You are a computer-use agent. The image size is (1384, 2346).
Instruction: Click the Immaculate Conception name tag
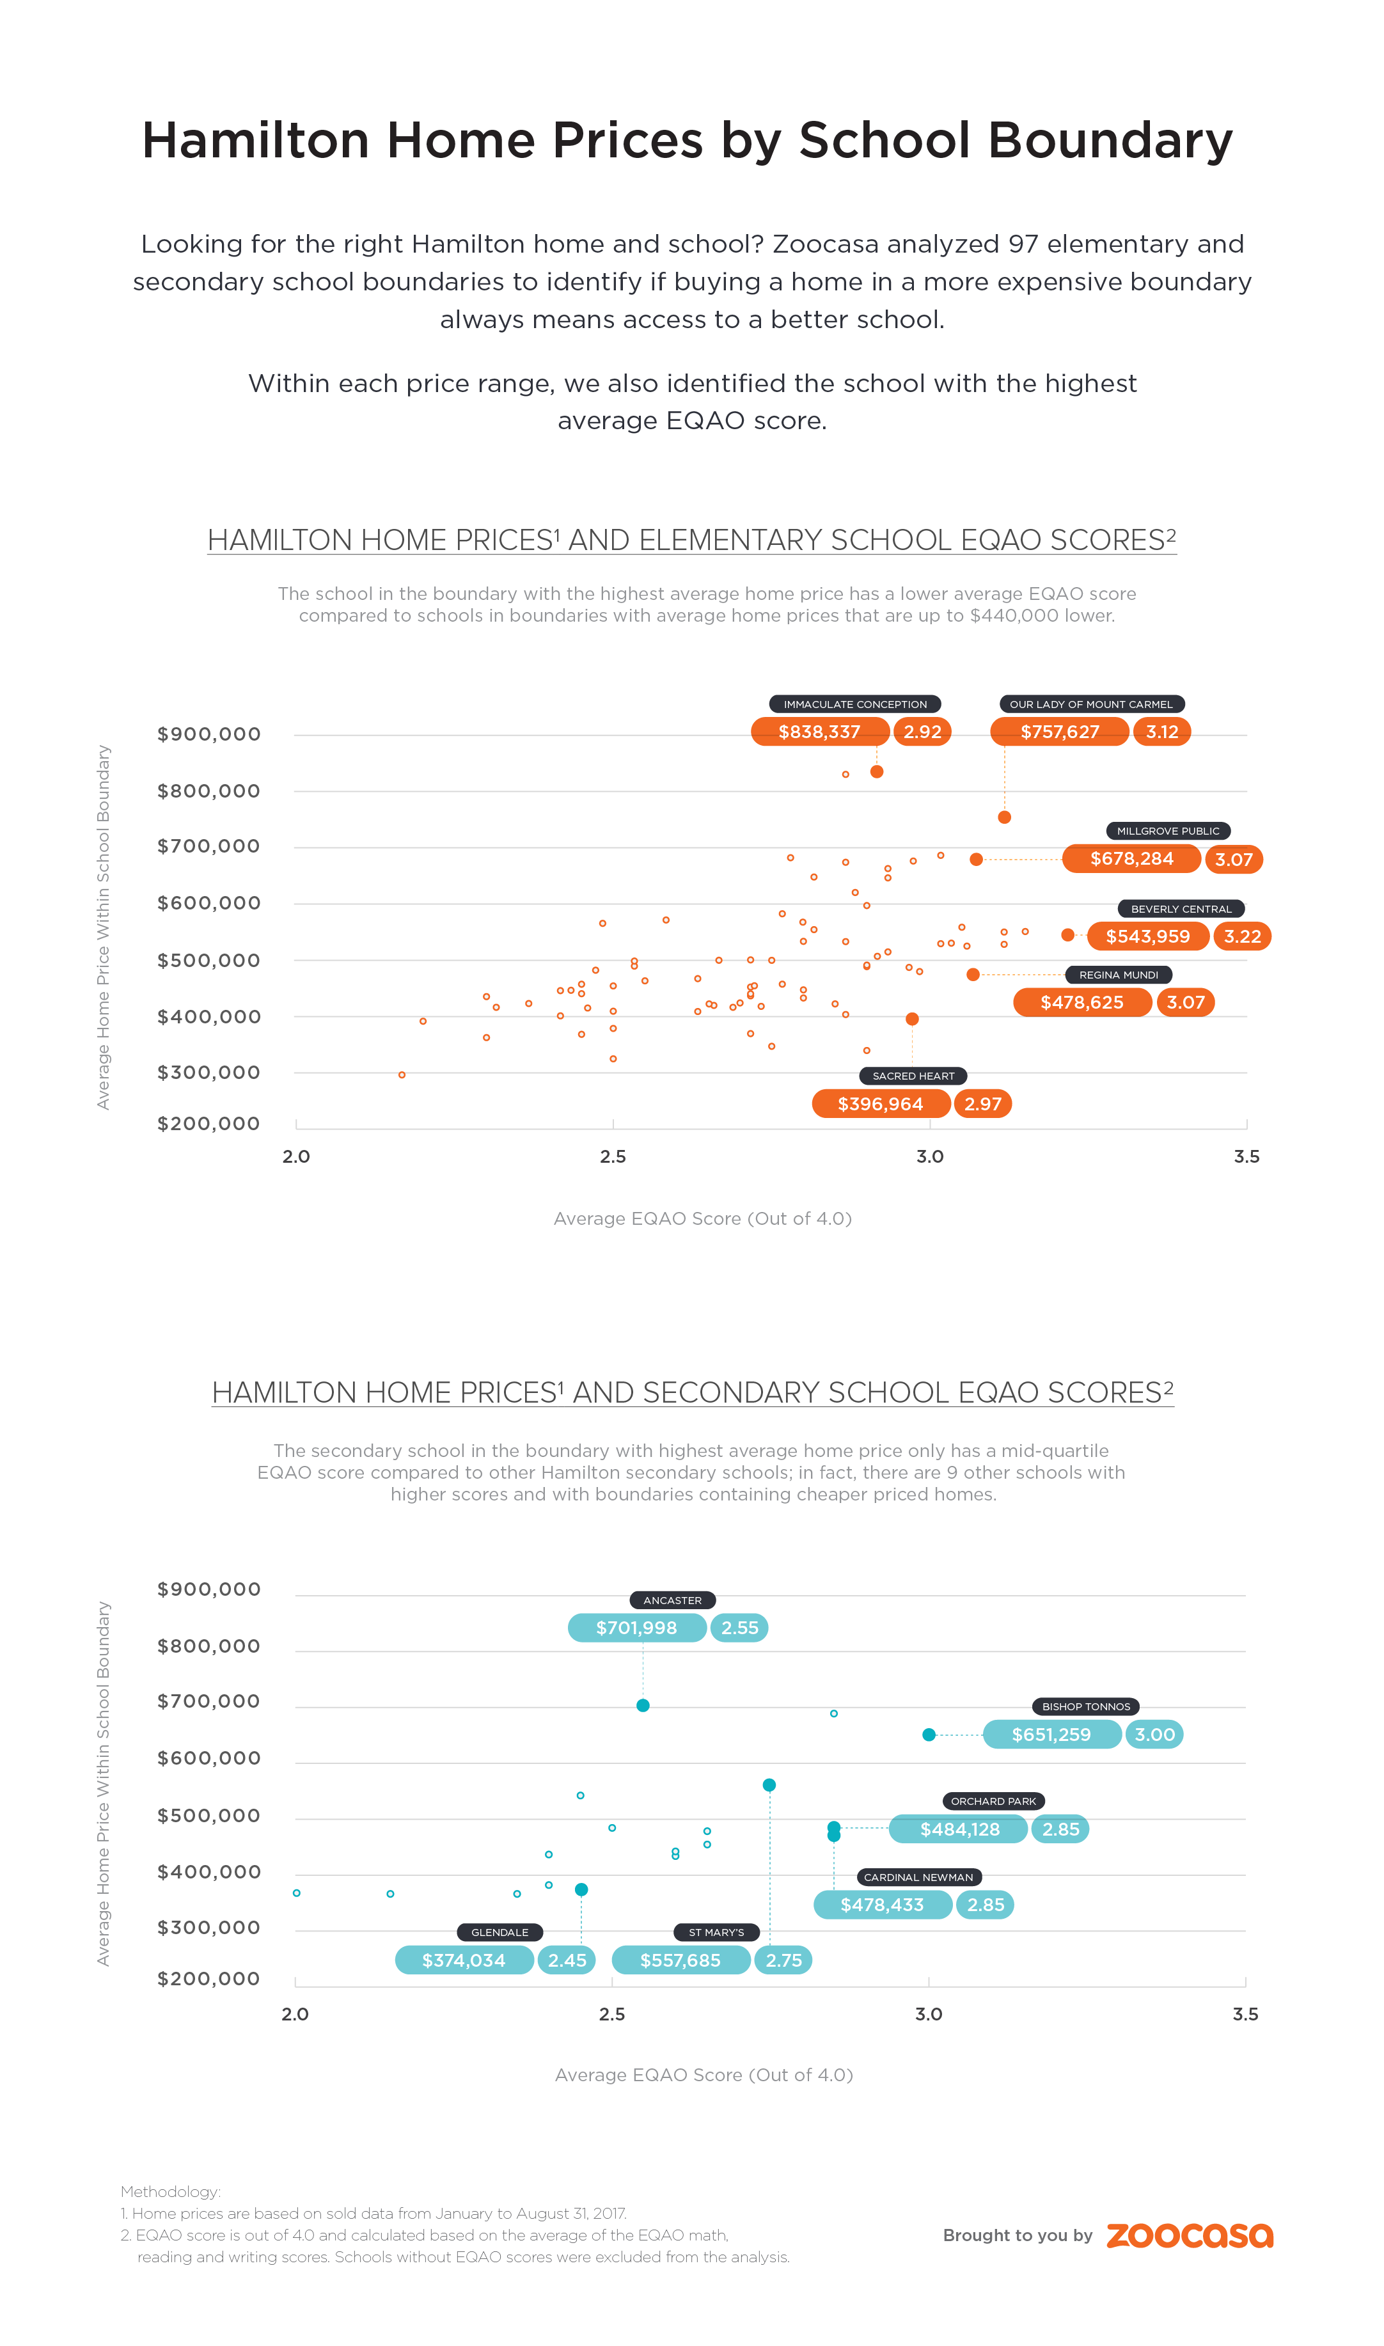[854, 704]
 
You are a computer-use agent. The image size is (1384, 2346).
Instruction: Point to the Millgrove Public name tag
[1168, 831]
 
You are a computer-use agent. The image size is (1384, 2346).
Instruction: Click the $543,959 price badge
[1147, 936]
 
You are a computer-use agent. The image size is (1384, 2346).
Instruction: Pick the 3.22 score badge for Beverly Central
[1242, 936]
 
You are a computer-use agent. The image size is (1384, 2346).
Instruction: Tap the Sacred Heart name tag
[913, 1076]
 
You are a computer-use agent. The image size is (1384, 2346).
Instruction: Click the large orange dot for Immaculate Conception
[877, 772]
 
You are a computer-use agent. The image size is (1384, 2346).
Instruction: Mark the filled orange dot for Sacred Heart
[912, 1019]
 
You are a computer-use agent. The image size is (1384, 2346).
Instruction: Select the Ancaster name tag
[672, 1600]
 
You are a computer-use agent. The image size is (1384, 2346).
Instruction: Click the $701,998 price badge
[637, 1628]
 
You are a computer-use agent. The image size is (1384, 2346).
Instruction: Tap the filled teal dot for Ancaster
[643, 1705]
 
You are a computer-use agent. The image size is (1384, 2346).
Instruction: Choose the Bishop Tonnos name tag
[1085, 1706]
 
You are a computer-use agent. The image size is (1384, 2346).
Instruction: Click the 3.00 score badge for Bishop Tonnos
[1154, 1735]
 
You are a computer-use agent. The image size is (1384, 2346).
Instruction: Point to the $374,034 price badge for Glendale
[464, 1960]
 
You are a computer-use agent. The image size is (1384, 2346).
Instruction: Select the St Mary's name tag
[716, 1932]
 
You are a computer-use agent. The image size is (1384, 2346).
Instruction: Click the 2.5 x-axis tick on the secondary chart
[612, 2014]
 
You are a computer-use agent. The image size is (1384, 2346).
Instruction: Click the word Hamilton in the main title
[256, 141]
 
